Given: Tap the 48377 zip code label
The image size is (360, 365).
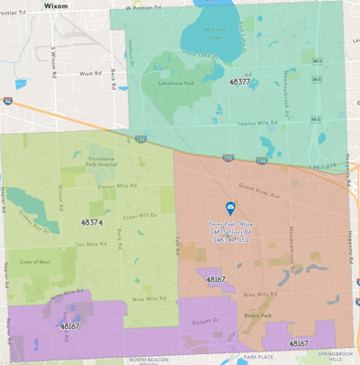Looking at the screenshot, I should [239, 82].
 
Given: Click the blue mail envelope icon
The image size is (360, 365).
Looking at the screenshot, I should [230, 208].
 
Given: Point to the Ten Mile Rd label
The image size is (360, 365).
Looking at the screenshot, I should [93, 244].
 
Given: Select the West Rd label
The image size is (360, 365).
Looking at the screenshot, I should [90, 74].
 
